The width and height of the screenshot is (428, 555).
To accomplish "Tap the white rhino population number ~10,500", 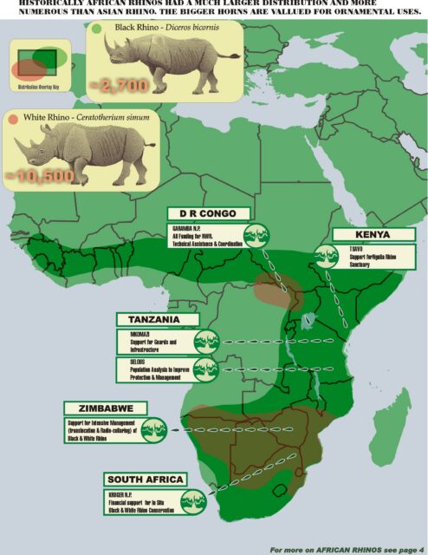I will pyautogui.click(x=42, y=174).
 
